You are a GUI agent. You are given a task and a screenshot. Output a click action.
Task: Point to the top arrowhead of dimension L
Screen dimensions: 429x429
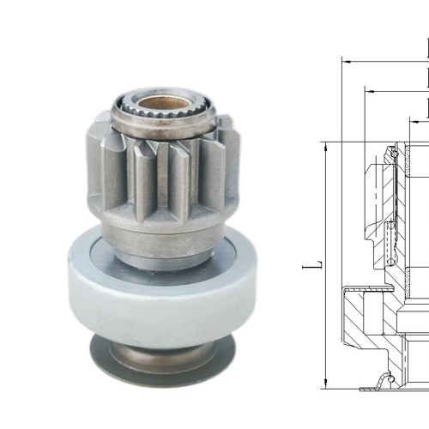coord(326,148)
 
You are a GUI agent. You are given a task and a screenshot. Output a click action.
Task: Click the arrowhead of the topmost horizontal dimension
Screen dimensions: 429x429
coord(346,62)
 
